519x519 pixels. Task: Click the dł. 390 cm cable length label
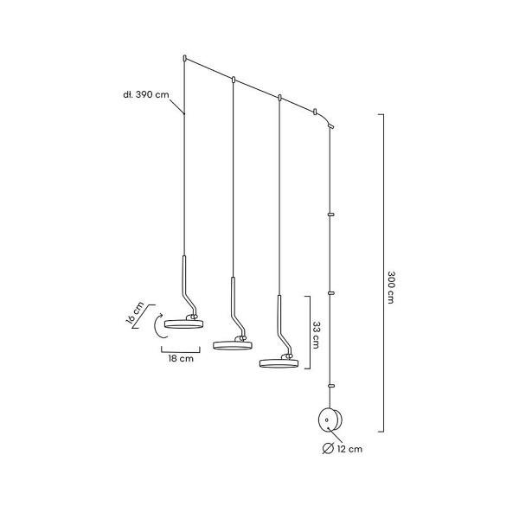coord(146,94)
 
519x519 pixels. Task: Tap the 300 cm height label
coord(391,287)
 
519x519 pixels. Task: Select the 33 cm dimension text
coord(316,335)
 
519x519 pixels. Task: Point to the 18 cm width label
coord(181,358)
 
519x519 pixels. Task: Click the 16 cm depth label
coord(135,313)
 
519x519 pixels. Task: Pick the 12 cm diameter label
coord(349,449)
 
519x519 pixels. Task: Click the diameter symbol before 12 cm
coord(328,449)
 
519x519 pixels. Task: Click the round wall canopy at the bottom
coord(330,420)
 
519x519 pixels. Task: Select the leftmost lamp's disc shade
coord(183,324)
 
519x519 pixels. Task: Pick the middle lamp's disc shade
coord(233,345)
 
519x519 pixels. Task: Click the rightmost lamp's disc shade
coord(279,363)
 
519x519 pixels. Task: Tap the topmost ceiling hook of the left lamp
coord(185,59)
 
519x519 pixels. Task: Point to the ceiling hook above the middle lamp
coord(234,80)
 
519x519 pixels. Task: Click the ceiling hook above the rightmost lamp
coord(279,98)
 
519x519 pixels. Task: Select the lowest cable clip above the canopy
coord(330,386)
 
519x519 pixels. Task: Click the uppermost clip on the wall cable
coord(330,215)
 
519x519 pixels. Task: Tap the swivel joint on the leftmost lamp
coord(192,317)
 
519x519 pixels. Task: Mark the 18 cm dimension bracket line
coord(181,351)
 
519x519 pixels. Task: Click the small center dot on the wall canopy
coord(327,420)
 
